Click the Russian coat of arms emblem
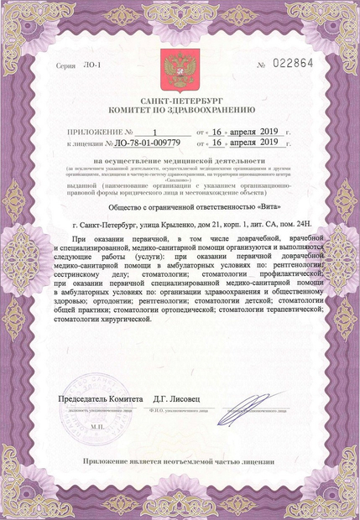click(x=178, y=65)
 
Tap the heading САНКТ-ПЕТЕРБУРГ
click(x=179, y=100)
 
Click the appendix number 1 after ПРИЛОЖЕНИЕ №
click(x=156, y=132)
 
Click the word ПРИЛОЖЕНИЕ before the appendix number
click(x=96, y=132)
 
